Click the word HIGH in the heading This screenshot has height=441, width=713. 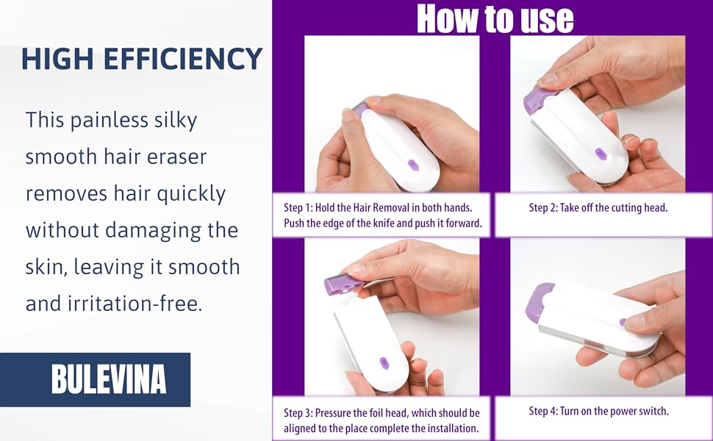click(57, 59)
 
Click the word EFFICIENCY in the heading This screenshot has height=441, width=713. click(183, 59)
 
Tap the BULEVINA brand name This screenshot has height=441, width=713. click(109, 379)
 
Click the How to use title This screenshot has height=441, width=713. click(495, 18)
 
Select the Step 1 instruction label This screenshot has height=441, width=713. click(382, 215)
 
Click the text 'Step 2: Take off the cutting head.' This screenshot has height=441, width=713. click(598, 208)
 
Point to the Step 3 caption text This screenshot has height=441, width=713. click(381, 420)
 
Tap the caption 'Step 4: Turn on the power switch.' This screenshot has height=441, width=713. click(598, 411)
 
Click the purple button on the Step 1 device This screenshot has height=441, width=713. click(413, 165)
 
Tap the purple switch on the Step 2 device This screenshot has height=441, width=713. click(601, 154)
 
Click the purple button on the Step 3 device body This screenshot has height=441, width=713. click(384, 363)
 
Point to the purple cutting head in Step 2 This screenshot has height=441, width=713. click(538, 100)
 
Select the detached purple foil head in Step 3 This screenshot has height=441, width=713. click(343, 284)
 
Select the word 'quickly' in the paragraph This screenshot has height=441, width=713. click(191, 195)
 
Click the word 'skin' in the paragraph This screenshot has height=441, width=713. click(46, 268)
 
